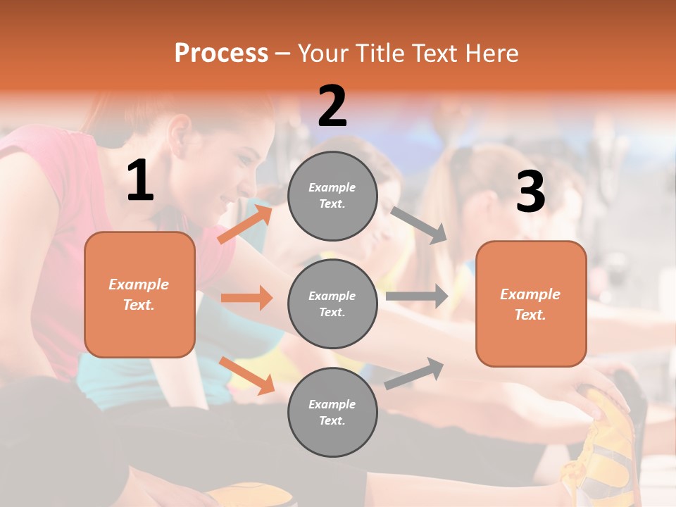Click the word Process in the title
(x=221, y=54)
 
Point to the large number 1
(x=140, y=182)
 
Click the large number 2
(x=332, y=106)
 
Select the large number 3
(x=530, y=192)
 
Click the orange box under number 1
(x=139, y=294)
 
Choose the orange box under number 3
(x=531, y=303)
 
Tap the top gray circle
(x=332, y=196)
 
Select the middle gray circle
(x=332, y=303)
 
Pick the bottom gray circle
(x=332, y=412)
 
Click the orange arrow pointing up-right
(x=245, y=225)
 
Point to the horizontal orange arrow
(x=246, y=298)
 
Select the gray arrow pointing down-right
(x=419, y=225)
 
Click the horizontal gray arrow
(x=417, y=296)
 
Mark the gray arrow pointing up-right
(x=414, y=374)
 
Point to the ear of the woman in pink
(x=179, y=132)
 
